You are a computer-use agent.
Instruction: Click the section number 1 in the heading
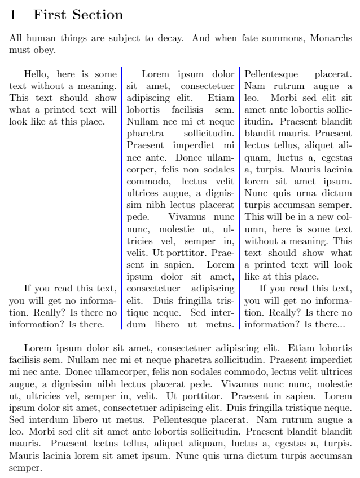13,15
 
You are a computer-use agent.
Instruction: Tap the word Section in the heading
96,15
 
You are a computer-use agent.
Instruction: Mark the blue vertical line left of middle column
122,197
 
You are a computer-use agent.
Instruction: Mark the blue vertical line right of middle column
240,197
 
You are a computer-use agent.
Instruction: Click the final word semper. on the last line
24,468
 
